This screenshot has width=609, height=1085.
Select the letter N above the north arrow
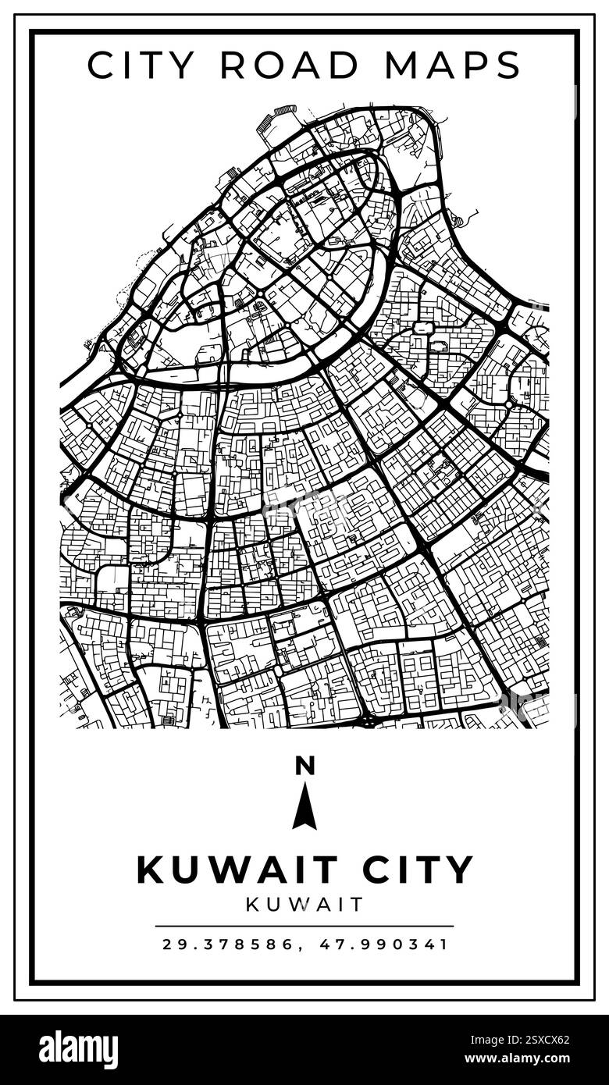[x=304, y=767]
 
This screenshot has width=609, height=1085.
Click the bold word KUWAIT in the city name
[x=237, y=870]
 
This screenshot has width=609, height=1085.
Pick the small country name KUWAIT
[x=304, y=905]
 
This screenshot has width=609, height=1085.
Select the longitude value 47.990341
[x=384, y=944]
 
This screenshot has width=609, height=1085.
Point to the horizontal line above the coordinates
[x=304, y=927]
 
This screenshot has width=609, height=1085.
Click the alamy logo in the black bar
[x=78, y=1050]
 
